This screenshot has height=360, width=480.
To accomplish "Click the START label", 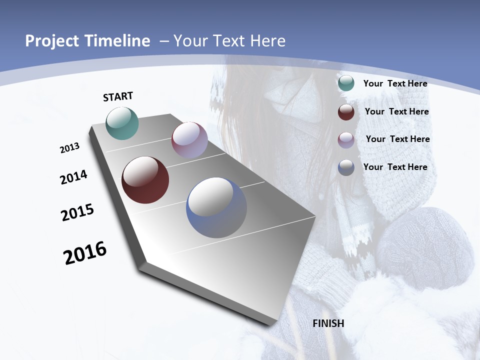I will pos(118,96).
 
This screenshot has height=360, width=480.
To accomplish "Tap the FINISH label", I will pos(328,323).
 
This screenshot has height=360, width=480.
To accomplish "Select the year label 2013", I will pos(69,148).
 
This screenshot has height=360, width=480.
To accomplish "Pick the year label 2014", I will pos(73,177).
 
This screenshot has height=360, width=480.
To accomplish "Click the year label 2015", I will pos(77,212).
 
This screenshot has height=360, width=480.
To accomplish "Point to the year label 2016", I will pos(85,252).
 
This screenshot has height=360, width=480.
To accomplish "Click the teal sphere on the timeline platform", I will pos(122,123).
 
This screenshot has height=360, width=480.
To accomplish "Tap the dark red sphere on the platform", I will pos(145,180).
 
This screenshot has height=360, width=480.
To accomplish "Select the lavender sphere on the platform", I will pos(189,140).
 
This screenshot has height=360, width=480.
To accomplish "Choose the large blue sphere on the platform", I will pos(216,207).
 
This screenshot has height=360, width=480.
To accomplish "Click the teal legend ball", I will pos(346,83).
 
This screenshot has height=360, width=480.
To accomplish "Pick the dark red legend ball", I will pos(346,112).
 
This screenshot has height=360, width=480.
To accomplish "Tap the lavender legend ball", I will pos(346,139).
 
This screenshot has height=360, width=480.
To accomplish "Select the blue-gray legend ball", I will pos(346,167).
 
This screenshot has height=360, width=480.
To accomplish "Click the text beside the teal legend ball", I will pos(395,83).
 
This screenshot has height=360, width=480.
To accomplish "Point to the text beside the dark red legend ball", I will pos(396,111).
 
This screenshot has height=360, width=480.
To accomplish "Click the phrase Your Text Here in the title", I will pos(229,41).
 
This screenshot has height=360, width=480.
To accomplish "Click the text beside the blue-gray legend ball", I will pos(395,167).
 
